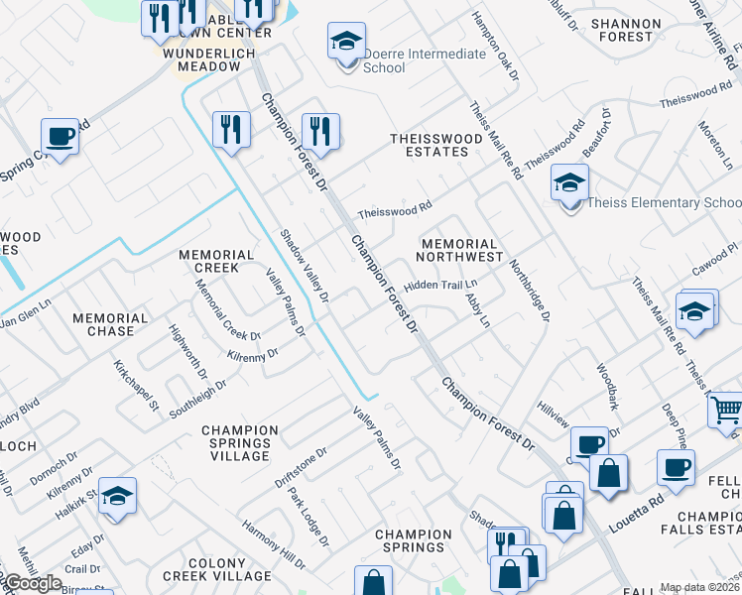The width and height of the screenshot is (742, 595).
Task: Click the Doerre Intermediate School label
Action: (x=411, y=60)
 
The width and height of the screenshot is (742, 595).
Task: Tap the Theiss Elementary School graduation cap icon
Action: (x=569, y=183)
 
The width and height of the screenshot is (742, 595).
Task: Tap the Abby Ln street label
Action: (x=478, y=309)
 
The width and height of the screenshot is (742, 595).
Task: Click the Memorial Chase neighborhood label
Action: (x=110, y=325)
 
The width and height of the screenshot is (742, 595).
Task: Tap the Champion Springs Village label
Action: (x=236, y=443)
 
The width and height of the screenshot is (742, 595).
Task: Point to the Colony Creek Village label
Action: (x=216, y=569)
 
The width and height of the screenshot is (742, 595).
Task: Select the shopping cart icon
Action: (x=726, y=409)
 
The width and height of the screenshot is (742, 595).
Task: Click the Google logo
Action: (x=33, y=583)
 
